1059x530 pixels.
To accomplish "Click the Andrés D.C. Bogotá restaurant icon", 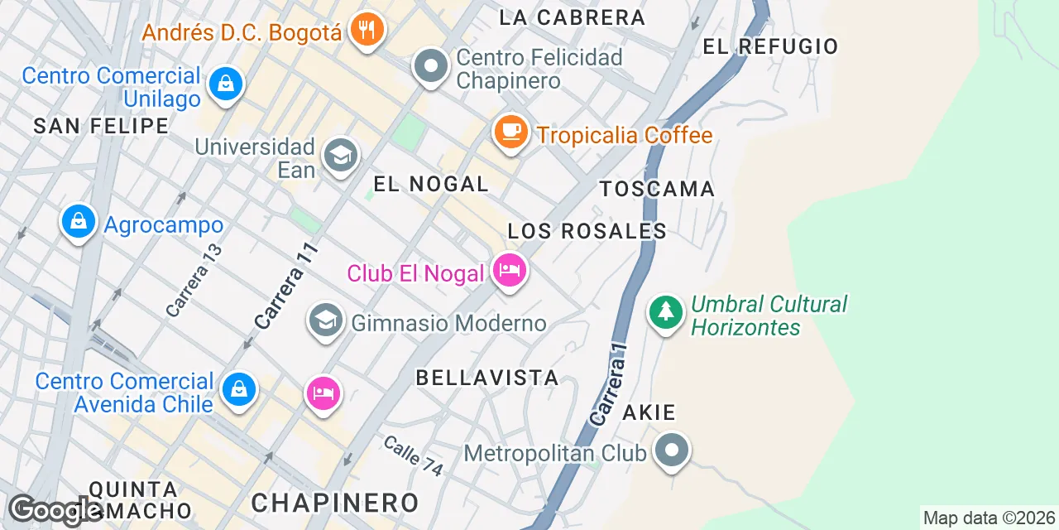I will click(x=365, y=30).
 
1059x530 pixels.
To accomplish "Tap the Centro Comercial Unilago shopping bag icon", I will click(x=225, y=83).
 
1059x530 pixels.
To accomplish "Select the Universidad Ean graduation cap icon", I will click(x=340, y=155).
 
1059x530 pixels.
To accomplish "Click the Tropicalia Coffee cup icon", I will click(x=510, y=131).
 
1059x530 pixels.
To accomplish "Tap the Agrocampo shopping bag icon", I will click(x=79, y=222).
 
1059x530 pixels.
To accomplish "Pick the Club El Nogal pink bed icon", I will click(x=510, y=269).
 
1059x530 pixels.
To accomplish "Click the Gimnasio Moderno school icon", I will click(x=325, y=320).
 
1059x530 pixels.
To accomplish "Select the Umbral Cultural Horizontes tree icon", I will click(x=665, y=312).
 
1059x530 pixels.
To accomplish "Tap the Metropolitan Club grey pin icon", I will click(x=672, y=451).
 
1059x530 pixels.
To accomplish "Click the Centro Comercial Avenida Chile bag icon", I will click(x=239, y=388).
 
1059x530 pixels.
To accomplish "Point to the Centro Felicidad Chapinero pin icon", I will click(x=431, y=66).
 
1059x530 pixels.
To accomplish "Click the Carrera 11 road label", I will click(x=286, y=286).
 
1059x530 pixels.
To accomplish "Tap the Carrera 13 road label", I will click(x=194, y=280).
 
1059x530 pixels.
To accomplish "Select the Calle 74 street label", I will click(x=413, y=455).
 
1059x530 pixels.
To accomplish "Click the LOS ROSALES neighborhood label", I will click(x=587, y=231).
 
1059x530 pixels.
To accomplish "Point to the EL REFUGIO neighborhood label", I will click(x=770, y=46).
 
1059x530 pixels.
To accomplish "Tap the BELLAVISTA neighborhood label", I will click(x=486, y=378).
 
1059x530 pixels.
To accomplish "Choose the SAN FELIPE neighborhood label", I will click(x=101, y=126).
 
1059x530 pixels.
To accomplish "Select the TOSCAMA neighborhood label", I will click(x=657, y=189).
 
